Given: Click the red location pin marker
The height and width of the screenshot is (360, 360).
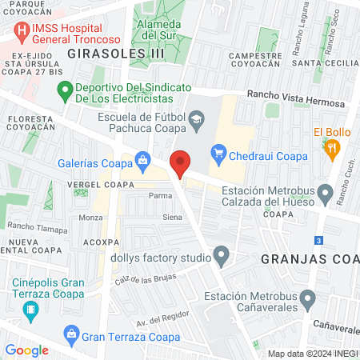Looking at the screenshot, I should pyautogui.click(x=181, y=162).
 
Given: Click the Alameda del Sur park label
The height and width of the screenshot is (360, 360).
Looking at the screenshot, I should pyautogui.click(x=158, y=29).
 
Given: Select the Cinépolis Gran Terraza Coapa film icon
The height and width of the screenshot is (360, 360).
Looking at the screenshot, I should pyautogui.click(x=30, y=308).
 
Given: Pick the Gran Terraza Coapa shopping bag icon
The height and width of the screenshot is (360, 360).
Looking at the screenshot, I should pyautogui.click(x=70, y=332).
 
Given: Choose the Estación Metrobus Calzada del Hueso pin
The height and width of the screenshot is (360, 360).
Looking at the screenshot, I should pyautogui.click(x=325, y=193).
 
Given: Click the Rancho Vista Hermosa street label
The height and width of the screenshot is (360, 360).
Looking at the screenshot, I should pyautogui.click(x=297, y=98).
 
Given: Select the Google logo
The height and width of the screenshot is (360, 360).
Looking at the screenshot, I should pyautogui.click(x=26, y=350).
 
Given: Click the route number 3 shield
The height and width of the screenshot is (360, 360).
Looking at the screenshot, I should pyautogui.click(x=318, y=239).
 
